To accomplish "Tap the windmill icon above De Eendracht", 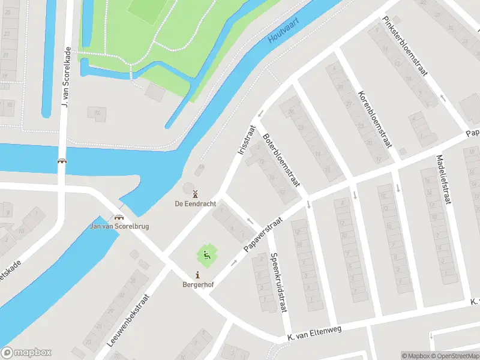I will tap(194, 193).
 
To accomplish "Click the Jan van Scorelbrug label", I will tap(119, 226).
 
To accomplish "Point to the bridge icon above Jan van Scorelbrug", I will tap(119, 217).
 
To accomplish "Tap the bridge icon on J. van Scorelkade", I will tap(62, 161).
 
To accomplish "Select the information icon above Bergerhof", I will tap(197, 275).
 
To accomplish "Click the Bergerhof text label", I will tap(197, 284).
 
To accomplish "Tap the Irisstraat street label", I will tap(247, 140).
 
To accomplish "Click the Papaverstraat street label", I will tap(263, 235).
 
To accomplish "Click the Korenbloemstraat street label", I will tap(374, 119).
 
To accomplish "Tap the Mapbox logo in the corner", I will tap(26, 353).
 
